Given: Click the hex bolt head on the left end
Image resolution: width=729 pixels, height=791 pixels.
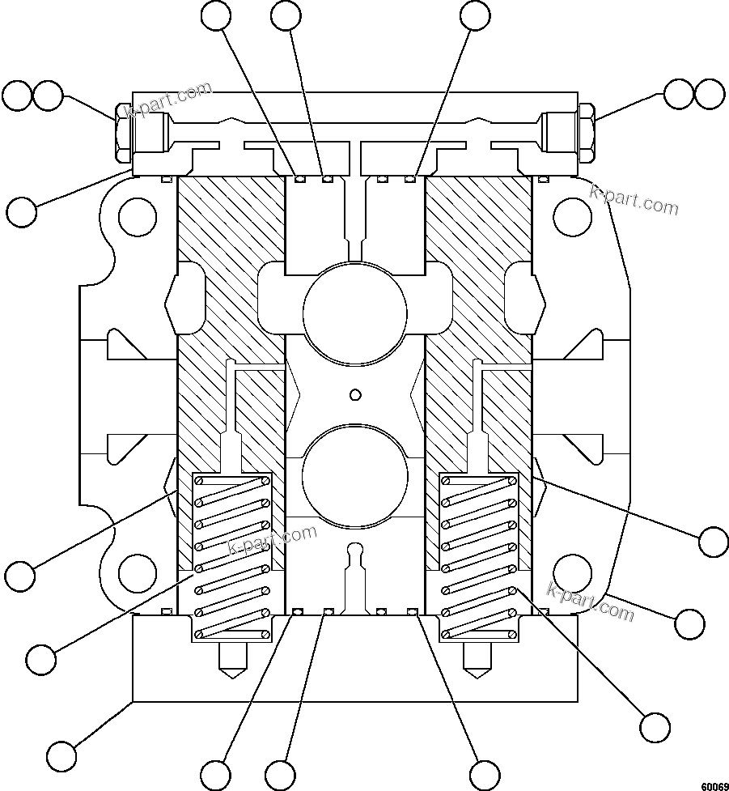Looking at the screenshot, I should (122, 131).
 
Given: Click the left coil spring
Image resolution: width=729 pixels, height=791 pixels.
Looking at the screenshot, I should (231, 555).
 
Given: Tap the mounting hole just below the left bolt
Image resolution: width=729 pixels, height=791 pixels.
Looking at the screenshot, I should (138, 216).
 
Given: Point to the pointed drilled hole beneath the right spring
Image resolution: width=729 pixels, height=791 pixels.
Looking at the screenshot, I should (478, 661).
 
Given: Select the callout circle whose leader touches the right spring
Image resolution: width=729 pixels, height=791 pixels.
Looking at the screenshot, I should (654, 725).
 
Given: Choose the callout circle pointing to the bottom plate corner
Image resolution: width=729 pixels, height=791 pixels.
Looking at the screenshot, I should (61, 756).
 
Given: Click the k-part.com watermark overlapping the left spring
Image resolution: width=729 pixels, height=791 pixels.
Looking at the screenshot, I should (273, 541).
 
